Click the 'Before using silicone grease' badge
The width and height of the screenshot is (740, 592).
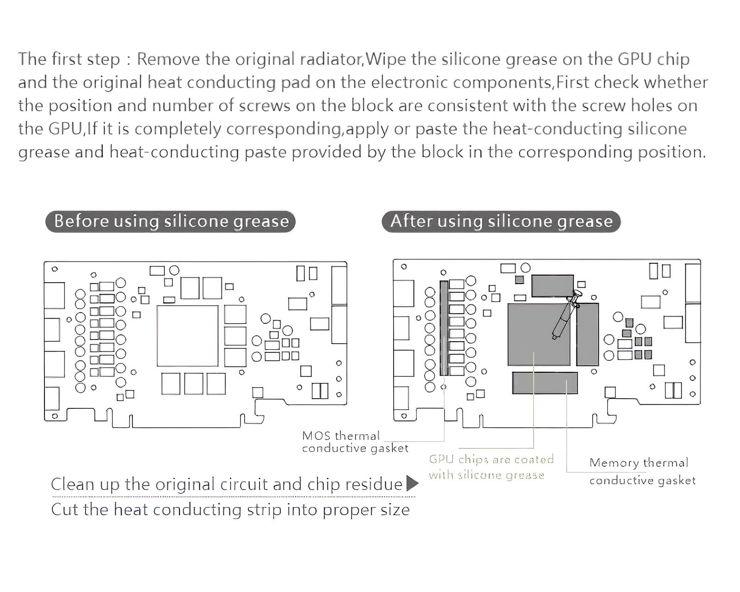coord(171,221)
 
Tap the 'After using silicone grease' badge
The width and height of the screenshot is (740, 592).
coord(501,221)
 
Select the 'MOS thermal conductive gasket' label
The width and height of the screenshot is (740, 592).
coord(355,442)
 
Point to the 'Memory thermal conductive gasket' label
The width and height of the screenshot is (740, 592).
coord(642,471)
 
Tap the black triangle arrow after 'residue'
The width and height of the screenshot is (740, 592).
coord(412,484)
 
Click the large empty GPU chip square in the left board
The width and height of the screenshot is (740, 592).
coord(187,335)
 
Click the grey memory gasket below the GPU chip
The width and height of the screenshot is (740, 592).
coord(545,383)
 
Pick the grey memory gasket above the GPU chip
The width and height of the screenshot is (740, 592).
coord(552,285)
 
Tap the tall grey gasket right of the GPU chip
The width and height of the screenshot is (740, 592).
coord(588,334)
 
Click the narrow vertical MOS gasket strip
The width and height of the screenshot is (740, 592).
coord(444,328)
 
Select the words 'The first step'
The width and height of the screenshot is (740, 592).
coord(69,59)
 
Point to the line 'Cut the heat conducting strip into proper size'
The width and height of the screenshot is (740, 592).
coord(230,510)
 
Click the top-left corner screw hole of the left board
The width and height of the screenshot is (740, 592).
coord(55,269)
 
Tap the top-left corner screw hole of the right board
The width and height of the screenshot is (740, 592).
coord(404,267)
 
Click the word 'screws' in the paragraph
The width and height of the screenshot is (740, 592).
coord(265,105)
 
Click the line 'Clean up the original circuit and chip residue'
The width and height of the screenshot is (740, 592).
coord(227,484)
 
